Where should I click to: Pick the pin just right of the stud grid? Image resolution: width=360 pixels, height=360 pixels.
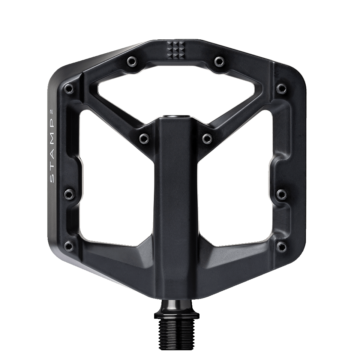(219, 60)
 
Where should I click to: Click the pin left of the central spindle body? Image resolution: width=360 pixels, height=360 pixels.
(142, 138)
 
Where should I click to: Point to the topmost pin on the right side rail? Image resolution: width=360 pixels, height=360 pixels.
(280, 88)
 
